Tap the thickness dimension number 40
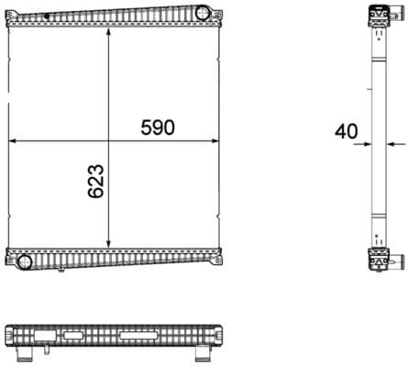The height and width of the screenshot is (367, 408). [x=346, y=131]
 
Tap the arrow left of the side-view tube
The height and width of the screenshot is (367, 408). [x=367, y=143]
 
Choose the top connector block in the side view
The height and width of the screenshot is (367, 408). [x=378, y=16]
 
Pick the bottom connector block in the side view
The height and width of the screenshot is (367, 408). [x=378, y=261]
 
